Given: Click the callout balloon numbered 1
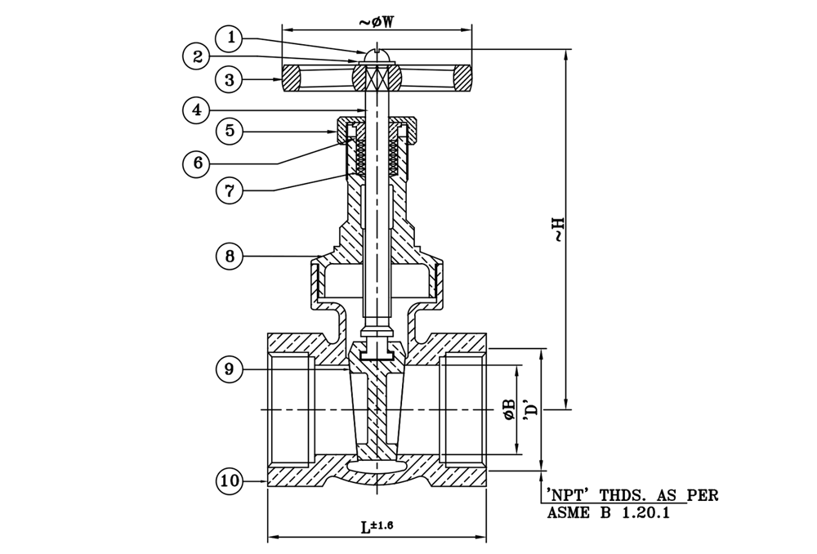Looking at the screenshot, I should (234, 37).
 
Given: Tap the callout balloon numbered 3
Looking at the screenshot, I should (232, 79).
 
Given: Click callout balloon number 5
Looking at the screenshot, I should (232, 131).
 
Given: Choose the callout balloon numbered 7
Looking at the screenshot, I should (232, 190).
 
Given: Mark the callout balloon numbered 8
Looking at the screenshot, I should (232, 257).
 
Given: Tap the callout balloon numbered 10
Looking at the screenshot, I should (232, 481).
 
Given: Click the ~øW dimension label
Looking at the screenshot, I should (377, 22).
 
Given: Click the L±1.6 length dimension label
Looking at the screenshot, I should (377, 526).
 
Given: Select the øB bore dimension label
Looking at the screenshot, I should (509, 409).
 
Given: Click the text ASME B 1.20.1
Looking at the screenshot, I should (607, 514).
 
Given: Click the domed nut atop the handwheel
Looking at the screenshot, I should (376, 55).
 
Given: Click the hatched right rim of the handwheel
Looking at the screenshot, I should (462, 79).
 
